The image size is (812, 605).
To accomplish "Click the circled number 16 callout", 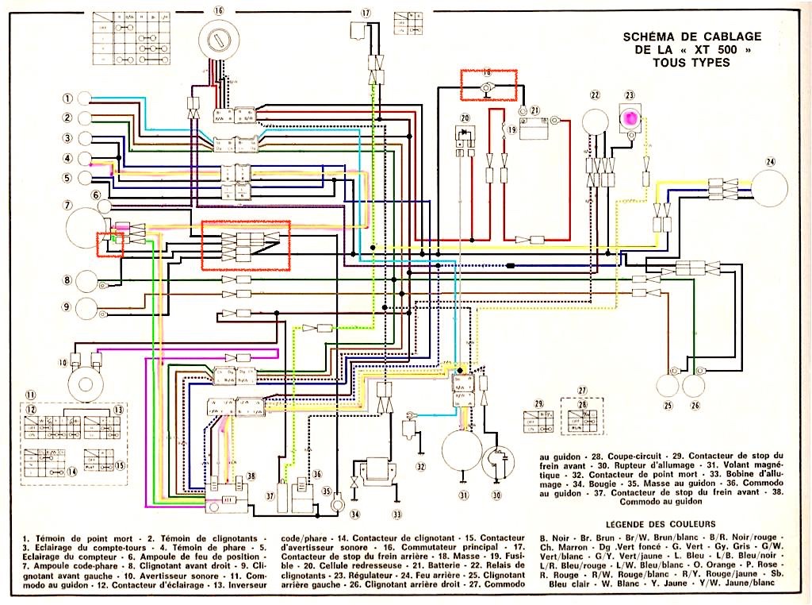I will point(219,10).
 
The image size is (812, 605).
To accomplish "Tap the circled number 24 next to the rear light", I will point(768,162).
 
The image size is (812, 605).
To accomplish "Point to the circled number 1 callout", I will point(68,98).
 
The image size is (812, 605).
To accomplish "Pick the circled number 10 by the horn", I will point(63,364).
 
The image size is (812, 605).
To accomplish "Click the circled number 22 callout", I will point(595,95).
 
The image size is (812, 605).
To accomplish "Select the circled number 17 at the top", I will point(366,13).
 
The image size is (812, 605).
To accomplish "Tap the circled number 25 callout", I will point(668,406).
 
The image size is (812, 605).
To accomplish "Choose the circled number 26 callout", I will point(695,406).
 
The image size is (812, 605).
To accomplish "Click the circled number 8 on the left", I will point(68,279).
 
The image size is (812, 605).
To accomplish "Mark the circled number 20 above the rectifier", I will point(464,118).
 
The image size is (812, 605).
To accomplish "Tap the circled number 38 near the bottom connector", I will point(251,476).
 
